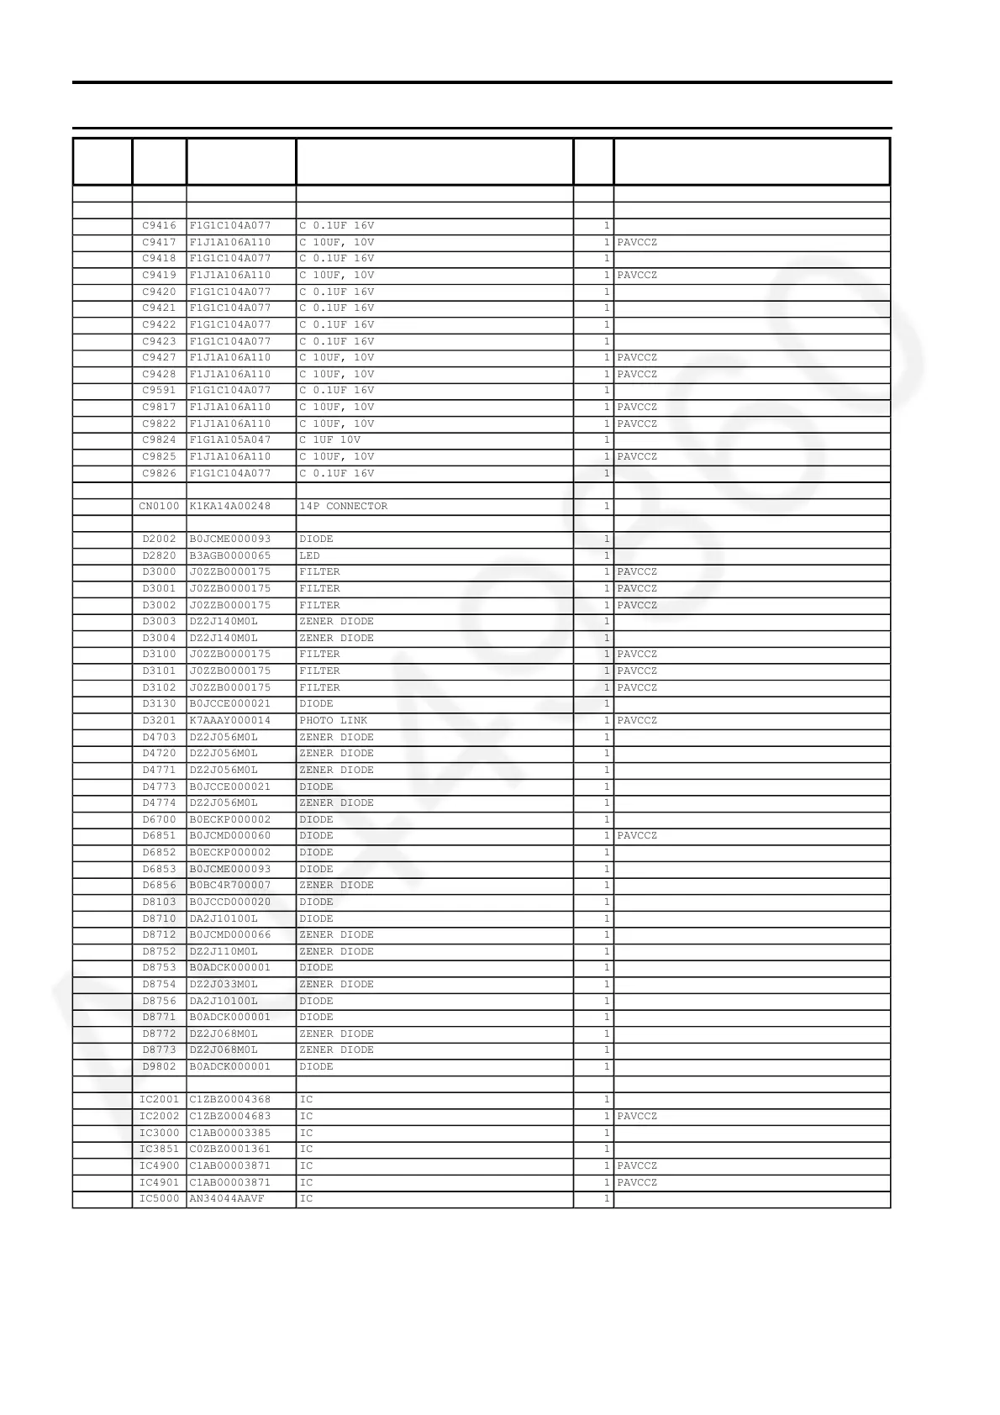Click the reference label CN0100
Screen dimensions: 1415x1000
[159, 507]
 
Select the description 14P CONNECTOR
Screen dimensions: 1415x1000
[344, 507]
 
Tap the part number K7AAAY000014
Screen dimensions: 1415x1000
[230, 721]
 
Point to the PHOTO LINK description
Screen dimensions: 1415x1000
[334, 721]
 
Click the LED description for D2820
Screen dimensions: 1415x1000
[309, 556]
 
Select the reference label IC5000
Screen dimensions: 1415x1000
[159, 1199]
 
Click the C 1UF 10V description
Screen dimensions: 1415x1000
[330, 440]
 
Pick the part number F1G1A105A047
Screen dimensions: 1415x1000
[230, 440]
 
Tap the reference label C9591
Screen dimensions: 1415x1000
[159, 391]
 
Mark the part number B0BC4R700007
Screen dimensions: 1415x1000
[230, 886]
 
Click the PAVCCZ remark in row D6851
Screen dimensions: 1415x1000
[637, 836]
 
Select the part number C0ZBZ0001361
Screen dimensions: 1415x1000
[230, 1149]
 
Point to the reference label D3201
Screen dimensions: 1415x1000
[159, 721]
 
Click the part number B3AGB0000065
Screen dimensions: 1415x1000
[230, 556]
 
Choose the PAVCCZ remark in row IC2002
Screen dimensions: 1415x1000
[637, 1117]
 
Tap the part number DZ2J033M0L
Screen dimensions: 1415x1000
[224, 985]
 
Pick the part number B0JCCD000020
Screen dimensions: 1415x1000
[230, 902]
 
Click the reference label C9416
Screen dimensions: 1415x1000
[159, 226]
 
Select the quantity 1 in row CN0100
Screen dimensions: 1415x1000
[606, 507]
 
